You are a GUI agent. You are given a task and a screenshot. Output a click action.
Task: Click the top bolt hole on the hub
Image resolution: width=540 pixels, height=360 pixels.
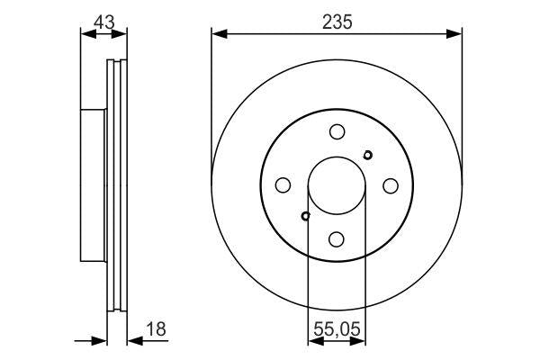tap(337, 131)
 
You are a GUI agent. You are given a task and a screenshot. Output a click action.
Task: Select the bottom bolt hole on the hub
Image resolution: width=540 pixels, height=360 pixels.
tap(337, 238)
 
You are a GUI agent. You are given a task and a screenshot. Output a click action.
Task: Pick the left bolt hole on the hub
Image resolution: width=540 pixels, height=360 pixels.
tap(283, 185)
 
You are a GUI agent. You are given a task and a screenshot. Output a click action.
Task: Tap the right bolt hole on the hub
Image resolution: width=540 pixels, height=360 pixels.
tap(391, 185)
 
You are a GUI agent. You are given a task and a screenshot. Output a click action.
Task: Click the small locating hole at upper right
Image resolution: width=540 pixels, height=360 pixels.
tap(367, 155)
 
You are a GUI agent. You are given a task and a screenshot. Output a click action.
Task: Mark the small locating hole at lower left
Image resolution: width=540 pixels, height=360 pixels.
tap(306, 216)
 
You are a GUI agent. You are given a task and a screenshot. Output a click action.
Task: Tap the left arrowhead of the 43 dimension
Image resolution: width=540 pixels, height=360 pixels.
tap(86, 35)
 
